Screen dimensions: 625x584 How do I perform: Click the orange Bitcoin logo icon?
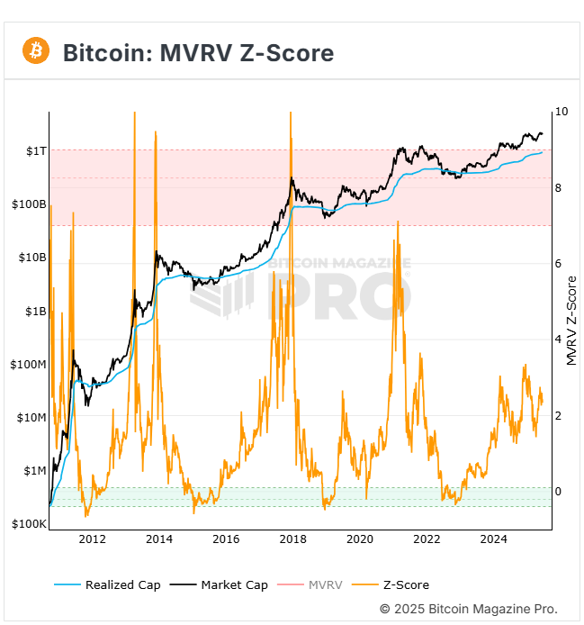[x=36, y=51]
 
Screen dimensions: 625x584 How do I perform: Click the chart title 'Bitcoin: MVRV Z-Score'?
[x=198, y=53]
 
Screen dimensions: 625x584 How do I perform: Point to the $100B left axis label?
[x=29, y=204]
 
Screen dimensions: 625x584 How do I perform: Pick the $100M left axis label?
[x=29, y=364]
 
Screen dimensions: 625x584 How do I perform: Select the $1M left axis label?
[x=34, y=470]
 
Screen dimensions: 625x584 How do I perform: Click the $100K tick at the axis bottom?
[x=29, y=523]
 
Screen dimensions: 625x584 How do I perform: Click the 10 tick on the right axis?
[x=562, y=112]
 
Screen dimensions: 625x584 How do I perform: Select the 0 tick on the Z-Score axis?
[x=558, y=492]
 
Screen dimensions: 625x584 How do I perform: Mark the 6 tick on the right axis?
[x=558, y=264]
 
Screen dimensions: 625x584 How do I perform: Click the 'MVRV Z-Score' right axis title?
[x=571, y=320]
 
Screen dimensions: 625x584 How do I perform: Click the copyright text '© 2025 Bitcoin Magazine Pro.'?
[x=468, y=609]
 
